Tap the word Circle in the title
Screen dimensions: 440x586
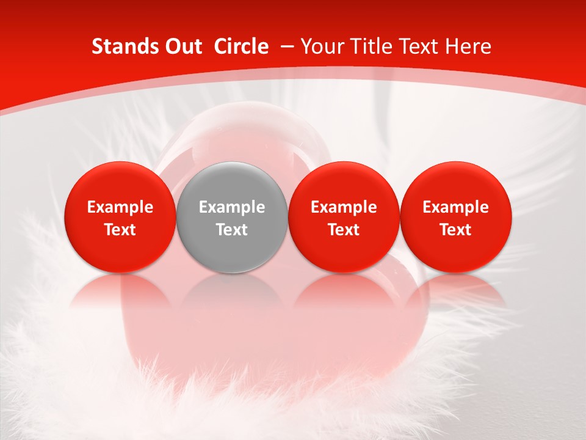(x=241, y=46)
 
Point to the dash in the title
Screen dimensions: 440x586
(x=287, y=46)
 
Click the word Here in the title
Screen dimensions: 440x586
(x=469, y=46)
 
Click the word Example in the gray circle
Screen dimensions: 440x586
(x=232, y=207)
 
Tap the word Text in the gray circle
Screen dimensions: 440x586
(x=232, y=230)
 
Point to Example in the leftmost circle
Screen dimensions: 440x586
(x=120, y=207)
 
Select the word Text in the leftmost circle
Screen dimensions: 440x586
(x=120, y=230)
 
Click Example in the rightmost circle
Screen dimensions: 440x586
(x=455, y=207)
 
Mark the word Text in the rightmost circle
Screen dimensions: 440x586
(x=455, y=230)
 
